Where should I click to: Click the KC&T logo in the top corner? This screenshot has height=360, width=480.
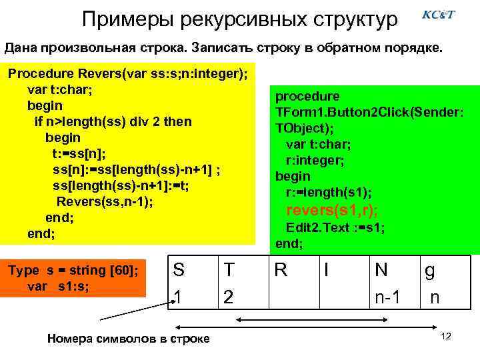point(439,15)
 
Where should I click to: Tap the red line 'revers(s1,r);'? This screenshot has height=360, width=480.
point(331,211)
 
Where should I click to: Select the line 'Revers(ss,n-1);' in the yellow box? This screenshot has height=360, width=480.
point(104,202)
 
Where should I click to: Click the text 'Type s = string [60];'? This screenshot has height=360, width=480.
point(75,270)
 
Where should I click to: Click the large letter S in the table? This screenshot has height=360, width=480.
point(179,271)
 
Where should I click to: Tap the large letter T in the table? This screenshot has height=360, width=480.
point(229,271)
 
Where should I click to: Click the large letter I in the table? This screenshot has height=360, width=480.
point(327,271)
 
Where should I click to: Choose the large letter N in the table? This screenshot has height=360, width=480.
point(382,271)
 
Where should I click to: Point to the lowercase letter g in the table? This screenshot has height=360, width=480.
point(431,272)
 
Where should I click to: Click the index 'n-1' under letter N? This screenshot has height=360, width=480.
point(387,297)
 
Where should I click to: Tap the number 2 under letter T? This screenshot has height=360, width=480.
point(229,297)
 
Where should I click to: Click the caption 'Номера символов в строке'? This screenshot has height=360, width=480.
point(129,339)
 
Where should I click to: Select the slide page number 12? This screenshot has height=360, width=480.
point(446,336)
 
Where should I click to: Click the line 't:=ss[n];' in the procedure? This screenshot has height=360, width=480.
point(79,154)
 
